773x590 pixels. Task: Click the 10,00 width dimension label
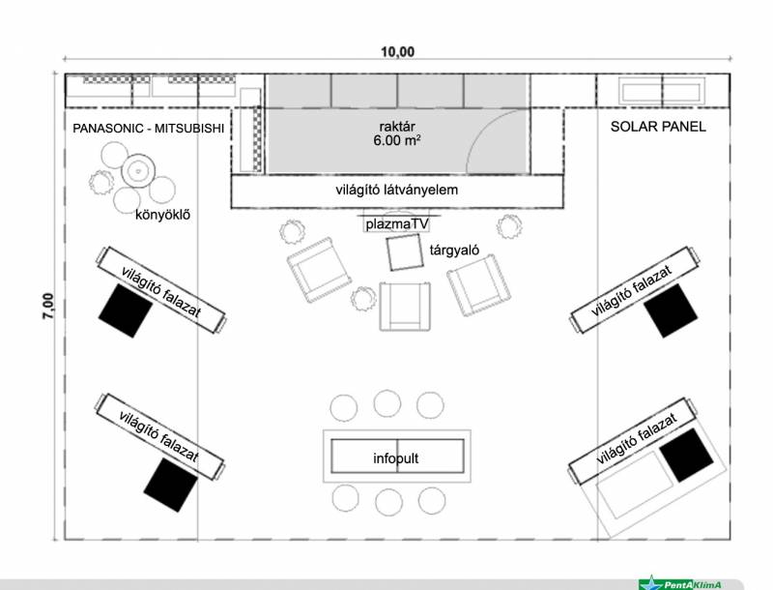397,51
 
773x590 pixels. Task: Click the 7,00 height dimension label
47,306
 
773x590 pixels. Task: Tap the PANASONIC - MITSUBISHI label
149,129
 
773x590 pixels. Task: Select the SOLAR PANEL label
658,127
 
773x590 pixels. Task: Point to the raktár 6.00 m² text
397,133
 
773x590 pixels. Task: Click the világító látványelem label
397,190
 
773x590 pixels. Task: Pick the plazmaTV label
397,224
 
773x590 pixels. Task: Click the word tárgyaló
454,251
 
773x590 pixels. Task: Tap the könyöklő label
162,215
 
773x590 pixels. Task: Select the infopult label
396,458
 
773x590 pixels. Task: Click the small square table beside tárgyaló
405,253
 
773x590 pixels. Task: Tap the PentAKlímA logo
680,583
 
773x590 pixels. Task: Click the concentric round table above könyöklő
138,171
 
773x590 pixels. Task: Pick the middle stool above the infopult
387,403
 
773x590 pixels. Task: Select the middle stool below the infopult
388,502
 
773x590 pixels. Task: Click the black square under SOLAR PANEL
671,310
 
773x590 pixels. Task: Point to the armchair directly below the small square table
405,307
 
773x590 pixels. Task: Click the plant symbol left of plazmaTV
292,232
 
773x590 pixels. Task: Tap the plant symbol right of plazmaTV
509,227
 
